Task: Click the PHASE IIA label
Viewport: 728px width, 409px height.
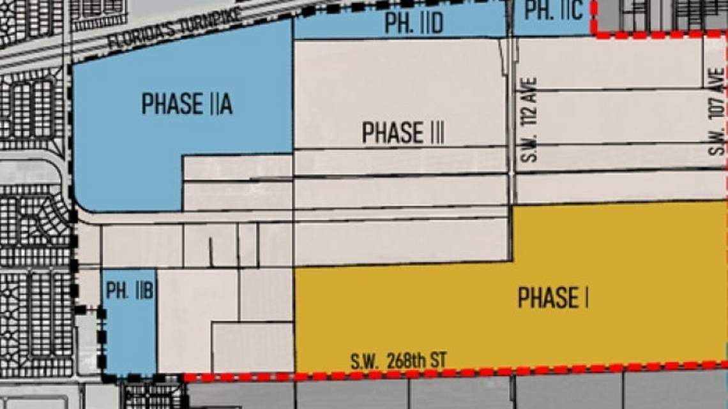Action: pos(186,104)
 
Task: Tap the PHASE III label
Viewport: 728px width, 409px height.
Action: pos(402,133)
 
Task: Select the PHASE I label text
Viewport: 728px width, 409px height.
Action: pos(553,298)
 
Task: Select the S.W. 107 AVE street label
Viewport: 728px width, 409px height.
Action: pos(717,112)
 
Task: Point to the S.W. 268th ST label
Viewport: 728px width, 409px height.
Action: pos(397,361)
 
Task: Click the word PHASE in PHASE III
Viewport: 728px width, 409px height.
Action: pos(392,133)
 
